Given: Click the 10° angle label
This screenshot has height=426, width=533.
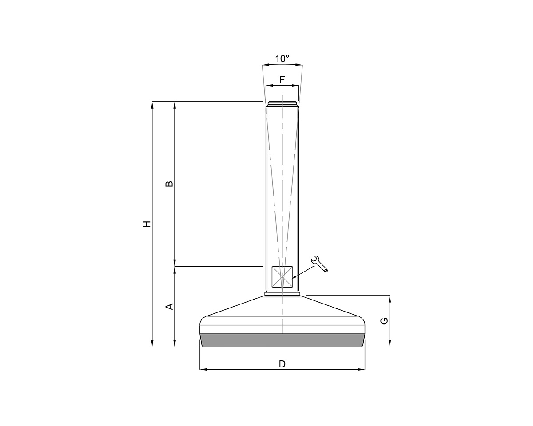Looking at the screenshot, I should click(282, 58).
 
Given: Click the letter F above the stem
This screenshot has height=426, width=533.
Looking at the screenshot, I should click(282, 80).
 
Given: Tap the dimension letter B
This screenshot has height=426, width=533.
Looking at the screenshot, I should click(169, 184).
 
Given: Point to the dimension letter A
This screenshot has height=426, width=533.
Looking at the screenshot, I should click(169, 306).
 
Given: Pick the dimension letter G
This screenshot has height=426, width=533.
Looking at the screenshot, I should click(385, 320).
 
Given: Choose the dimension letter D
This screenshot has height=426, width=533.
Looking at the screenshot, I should click(282, 364).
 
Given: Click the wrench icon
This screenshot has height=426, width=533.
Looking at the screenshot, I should click(320, 264).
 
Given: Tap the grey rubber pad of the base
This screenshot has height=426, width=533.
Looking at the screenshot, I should click(282, 340).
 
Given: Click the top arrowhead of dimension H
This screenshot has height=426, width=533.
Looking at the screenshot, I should click(152, 105).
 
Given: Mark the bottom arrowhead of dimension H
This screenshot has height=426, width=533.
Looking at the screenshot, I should click(152, 344).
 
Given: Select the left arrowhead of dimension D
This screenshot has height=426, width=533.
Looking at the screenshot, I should click(203, 369).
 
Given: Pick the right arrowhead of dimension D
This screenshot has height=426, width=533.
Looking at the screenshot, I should click(362, 369).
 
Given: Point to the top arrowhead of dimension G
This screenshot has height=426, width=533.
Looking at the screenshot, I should click(390, 298).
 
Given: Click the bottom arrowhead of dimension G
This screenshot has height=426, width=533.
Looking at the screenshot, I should click(390, 344).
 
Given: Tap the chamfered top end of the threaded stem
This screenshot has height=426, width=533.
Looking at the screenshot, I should click(282, 104).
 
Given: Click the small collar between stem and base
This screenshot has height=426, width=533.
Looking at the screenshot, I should click(282, 293).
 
